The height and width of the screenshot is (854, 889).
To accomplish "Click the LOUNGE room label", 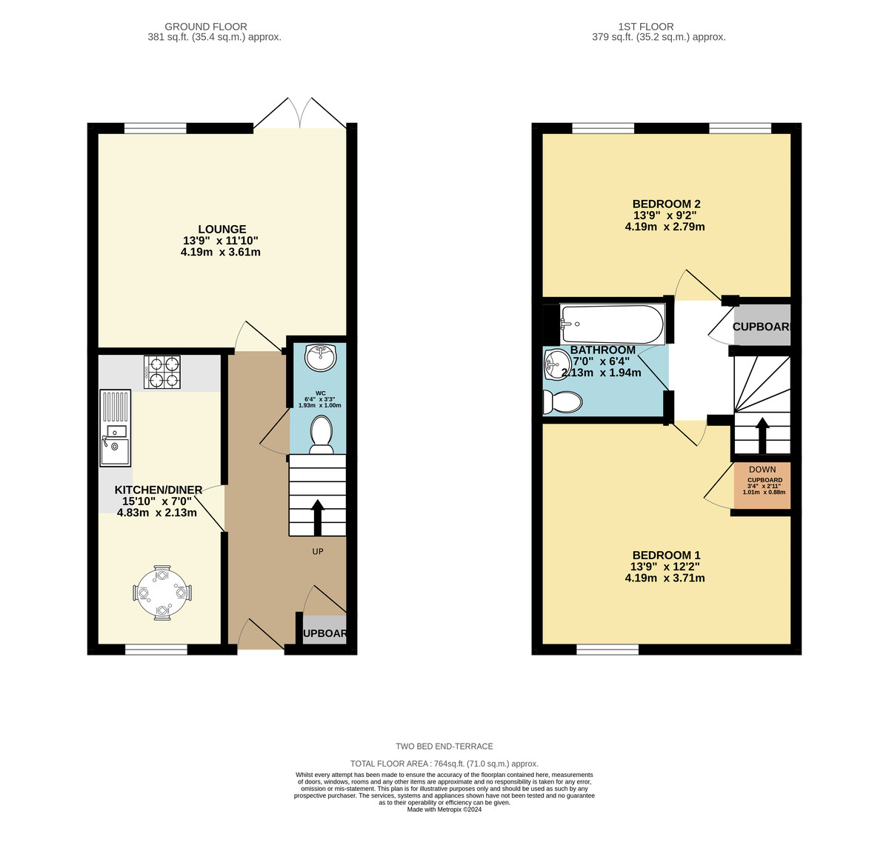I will [x=222, y=230].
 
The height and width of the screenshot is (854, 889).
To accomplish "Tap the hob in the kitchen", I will [x=162, y=372].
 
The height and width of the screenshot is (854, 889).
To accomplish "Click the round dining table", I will [x=162, y=593].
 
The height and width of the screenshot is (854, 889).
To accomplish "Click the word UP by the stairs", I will [x=318, y=552].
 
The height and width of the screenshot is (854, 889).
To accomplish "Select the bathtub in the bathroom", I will [x=611, y=324].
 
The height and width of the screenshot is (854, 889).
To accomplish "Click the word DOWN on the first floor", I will [x=762, y=470].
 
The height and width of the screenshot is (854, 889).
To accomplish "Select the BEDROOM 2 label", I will [x=666, y=204].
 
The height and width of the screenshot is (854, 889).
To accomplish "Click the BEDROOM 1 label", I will [x=666, y=556].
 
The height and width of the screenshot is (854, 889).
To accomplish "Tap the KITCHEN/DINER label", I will [x=159, y=490].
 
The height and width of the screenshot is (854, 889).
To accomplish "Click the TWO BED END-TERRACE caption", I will [x=444, y=747].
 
